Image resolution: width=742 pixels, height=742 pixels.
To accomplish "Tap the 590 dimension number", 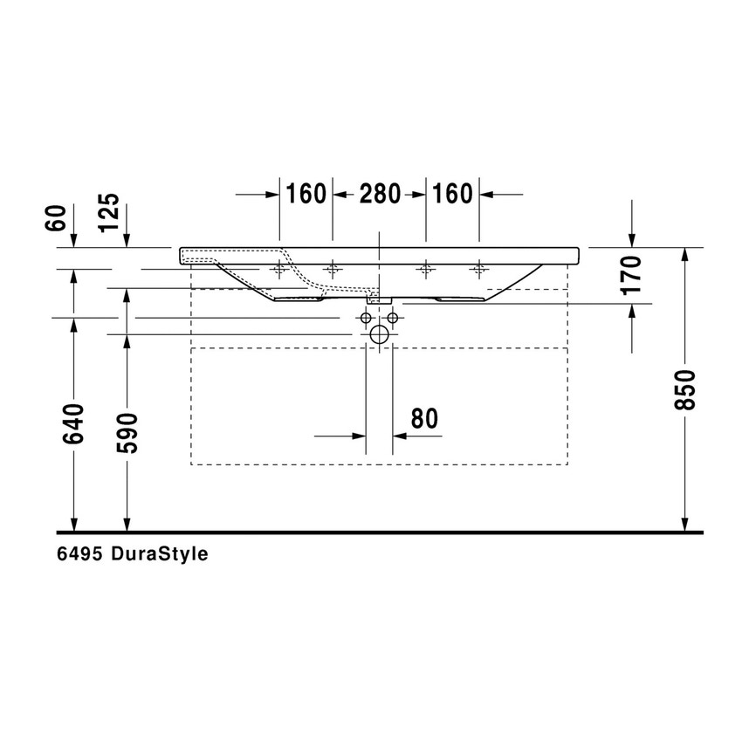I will point(128,432).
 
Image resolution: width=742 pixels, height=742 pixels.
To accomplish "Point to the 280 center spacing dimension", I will point(377,193).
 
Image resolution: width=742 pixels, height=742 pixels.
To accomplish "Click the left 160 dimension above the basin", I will point(305,193).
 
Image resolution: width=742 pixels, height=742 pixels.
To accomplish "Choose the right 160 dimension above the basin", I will point(451,193).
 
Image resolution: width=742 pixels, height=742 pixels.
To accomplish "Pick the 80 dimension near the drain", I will point(423,419).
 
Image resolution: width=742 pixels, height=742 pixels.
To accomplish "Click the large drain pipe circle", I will point(379,334).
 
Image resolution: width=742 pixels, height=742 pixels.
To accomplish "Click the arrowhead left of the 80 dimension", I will point(357,435).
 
